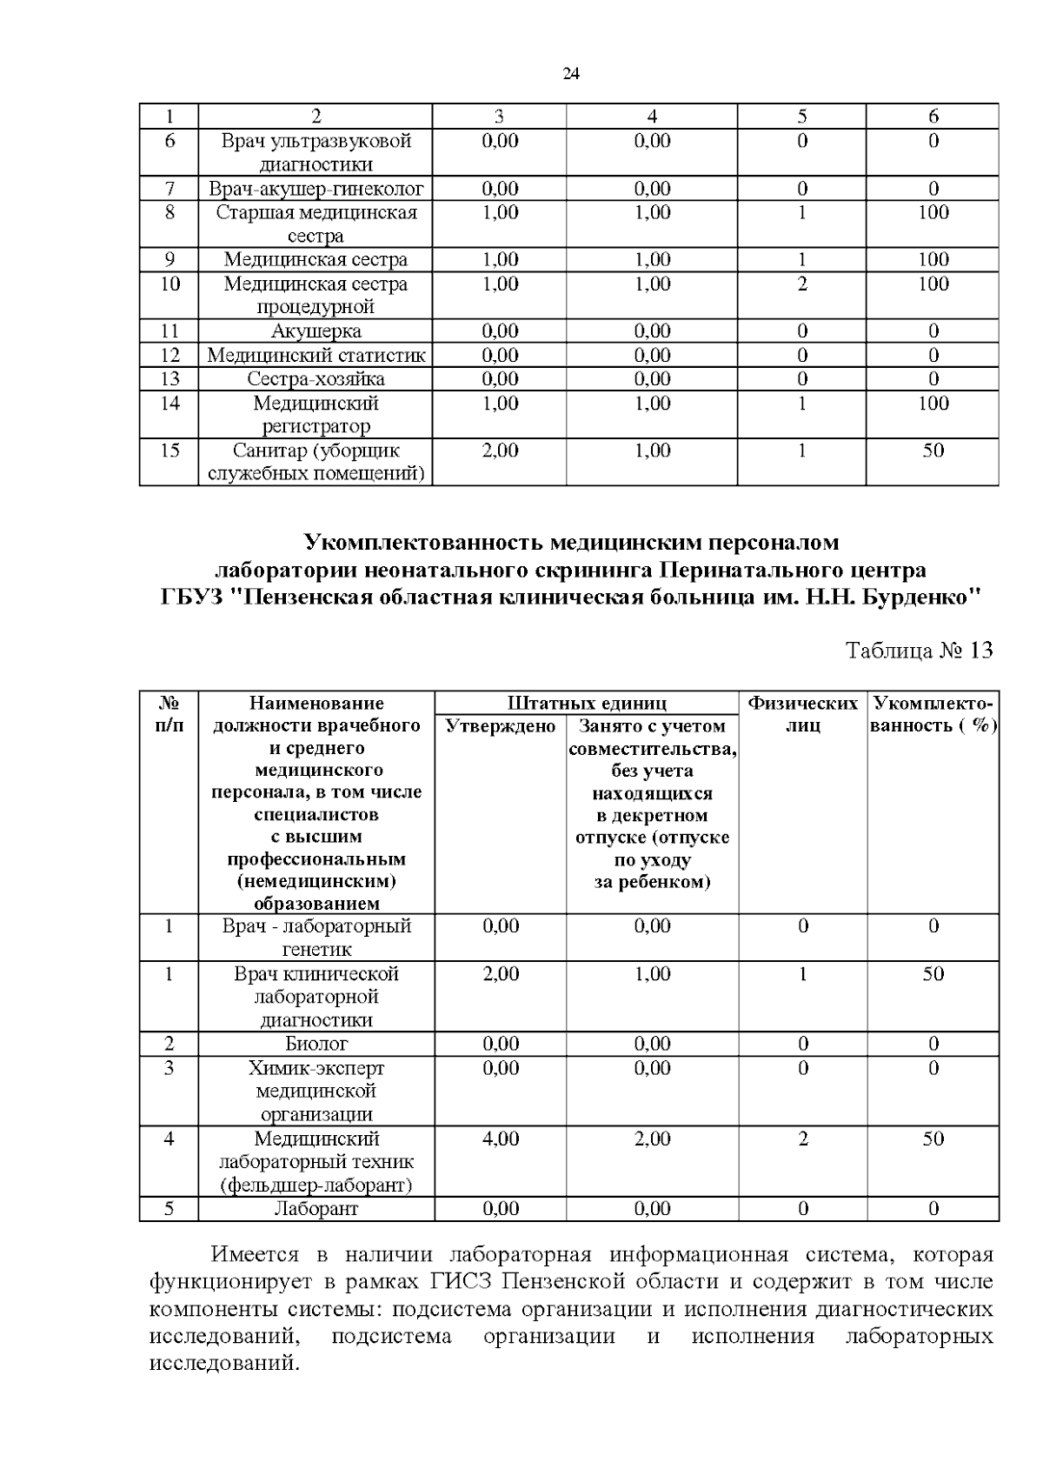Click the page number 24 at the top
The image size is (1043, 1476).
click(571, 74)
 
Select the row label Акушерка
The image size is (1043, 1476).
click(316, 331)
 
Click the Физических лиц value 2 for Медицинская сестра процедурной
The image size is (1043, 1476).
click(801, 284)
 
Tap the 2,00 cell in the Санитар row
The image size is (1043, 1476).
click(500, 451)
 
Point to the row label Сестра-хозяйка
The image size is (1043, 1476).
click(316, 379)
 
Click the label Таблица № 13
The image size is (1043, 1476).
click(919, 651)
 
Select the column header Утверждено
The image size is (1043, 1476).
click(500, 726)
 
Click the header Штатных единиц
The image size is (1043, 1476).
click(587, 704)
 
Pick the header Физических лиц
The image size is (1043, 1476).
click(803, 714)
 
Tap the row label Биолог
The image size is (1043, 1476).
click(316, 1044)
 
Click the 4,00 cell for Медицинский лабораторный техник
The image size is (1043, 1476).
click(501, 1139)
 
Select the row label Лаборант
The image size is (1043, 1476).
click(316, 1209)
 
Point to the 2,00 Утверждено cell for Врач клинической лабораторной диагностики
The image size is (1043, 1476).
click(501, 974)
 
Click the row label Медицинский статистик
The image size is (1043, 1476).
click(316, 356)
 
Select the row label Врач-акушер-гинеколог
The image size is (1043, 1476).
click(316, 189)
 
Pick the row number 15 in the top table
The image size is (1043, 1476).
click(170, 451)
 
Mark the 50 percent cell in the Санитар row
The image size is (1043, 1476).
click(933, 451)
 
